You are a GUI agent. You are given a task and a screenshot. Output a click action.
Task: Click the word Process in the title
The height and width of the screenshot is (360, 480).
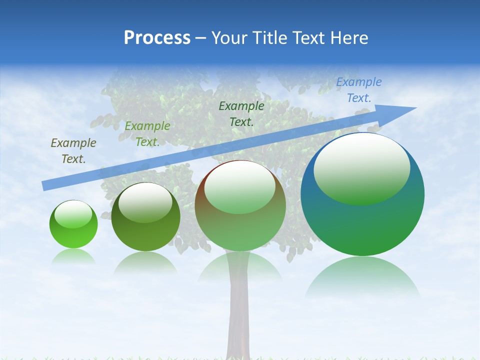click(157, 38)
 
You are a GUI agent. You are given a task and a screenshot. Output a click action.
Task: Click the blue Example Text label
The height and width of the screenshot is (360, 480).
click(358, 90)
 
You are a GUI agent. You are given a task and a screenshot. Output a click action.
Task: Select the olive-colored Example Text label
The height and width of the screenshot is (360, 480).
click(73, 151)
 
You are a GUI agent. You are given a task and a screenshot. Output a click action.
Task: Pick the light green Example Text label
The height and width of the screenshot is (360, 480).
click(147, 134)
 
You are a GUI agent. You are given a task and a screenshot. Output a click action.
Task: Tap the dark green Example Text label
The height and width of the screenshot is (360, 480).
click(241, 113)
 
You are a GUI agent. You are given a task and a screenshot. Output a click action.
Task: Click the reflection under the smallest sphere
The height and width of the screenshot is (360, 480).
click(73, 256)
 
